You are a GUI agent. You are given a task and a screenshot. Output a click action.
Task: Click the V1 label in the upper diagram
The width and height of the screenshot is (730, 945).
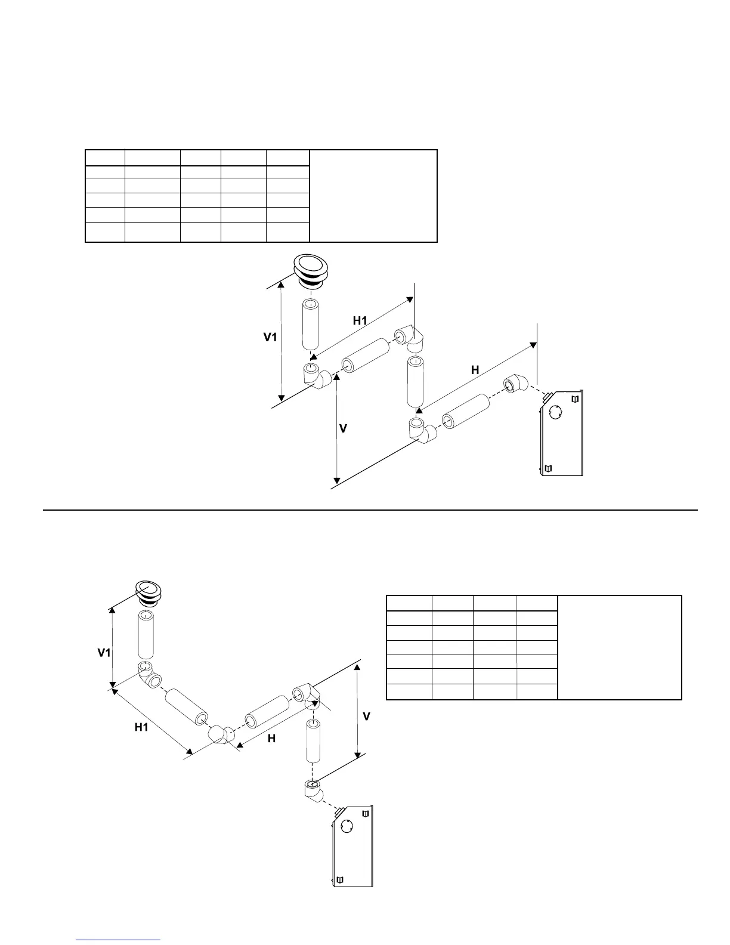pos(271,338)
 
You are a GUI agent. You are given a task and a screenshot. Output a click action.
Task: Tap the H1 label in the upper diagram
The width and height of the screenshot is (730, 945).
pos(360,320)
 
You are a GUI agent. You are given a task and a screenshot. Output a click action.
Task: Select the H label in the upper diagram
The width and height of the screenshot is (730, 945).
pos(475,370)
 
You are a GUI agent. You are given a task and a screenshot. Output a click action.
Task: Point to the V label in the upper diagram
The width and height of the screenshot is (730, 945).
pos(343,429)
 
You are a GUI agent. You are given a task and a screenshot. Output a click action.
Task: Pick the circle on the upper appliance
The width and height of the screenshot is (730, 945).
pos(555,413)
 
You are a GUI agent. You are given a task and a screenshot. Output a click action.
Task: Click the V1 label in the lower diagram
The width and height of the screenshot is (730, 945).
pos(104,653)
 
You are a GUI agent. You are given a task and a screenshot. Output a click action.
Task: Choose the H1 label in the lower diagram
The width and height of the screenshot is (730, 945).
pos(141,727)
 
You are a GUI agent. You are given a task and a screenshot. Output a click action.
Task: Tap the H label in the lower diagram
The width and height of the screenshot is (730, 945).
pos(271,739)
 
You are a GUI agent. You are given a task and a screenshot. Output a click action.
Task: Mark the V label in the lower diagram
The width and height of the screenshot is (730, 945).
pos(367,716)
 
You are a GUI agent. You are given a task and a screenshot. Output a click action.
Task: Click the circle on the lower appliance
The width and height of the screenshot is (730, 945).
pos(348,826)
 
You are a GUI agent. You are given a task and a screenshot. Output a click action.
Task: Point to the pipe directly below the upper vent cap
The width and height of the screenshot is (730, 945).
pos(310,325)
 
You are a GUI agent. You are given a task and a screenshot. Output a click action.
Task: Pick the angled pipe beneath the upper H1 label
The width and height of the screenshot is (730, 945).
pos(365,357)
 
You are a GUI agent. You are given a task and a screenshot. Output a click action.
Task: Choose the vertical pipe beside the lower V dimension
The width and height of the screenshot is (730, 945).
pos(314,740)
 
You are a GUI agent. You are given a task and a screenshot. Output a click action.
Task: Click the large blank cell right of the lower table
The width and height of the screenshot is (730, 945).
pos(619,647)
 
